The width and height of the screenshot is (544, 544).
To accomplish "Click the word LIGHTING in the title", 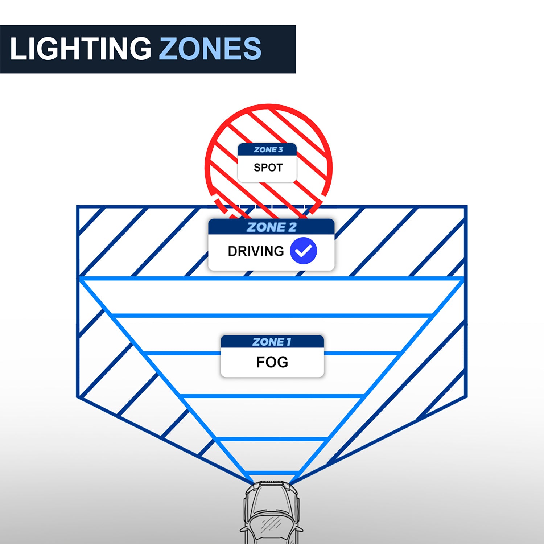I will tap(81, 49).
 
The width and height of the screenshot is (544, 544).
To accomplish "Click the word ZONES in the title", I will tap(210, 49).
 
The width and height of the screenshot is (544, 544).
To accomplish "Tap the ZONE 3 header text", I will tap(268, 150).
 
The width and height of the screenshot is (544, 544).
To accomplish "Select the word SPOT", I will tap(268, 168).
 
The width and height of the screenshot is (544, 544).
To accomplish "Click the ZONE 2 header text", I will tap(271, 227).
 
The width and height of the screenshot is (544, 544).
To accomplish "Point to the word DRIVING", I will tap(256, 251).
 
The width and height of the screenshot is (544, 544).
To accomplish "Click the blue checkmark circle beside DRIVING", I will tap(304, 251).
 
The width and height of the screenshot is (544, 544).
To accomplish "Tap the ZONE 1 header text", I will tap(272, 342).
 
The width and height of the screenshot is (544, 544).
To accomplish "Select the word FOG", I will tap(272, 362).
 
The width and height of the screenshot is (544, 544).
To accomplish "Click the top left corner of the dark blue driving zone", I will tap(78, 207).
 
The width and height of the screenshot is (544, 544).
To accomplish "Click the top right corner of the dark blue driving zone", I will tap(466, 207).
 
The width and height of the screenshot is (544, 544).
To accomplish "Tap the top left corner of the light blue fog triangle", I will tap(81, 279).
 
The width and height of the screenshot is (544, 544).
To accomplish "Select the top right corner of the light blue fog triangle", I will tap(463, 279).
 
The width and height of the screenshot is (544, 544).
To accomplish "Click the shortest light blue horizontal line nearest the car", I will tap(271, 473).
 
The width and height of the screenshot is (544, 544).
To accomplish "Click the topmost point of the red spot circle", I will tap(269, 106).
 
